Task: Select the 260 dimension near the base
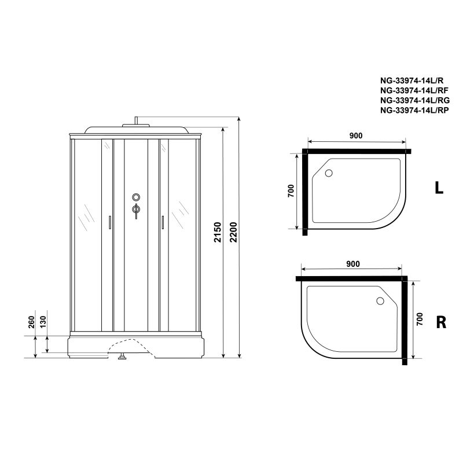[31, 322]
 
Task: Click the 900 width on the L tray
[356, 135]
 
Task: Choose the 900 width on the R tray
[353, 264]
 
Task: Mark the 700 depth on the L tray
[291, 190]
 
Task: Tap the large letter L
[439, 188]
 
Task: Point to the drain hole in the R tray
[380, 301]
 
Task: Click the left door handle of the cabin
[109, 223]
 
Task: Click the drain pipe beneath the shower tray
[122, 357]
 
